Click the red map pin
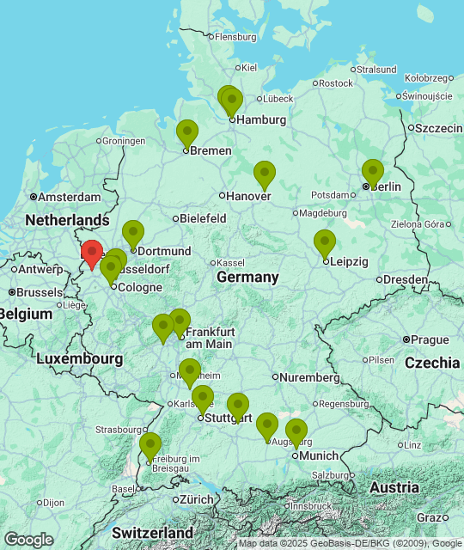(x=92, y=253)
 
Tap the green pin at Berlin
(x=372, y=172)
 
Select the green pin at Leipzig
(x=324, y=242)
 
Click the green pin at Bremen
(x=187, y=133)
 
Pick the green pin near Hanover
(x=265, y=174)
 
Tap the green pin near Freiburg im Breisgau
(x=150, y=446)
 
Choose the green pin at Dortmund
(x=132, y=233)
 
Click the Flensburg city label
(x=235, y=37)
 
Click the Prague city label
(x=430, y=339)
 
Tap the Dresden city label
(x=406, y=279)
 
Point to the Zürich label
(x=197, y=499)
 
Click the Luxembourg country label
(x=80, y=357)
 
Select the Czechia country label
(x=432, y=363)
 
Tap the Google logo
(x=28, y=539)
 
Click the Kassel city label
(x=231, y=262)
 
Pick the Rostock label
(x=336, y=83)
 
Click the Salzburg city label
(x=331, y=475)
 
